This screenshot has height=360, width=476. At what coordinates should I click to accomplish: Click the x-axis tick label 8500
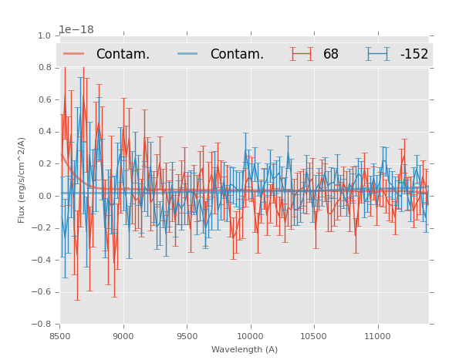click(x=60, y=336)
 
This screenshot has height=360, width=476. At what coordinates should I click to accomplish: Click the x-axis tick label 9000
click(x=123, y=336)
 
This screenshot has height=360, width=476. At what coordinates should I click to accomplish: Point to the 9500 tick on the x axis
click(x=187, y=336)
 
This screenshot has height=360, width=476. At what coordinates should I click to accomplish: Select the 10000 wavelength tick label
click(x=250, y=336)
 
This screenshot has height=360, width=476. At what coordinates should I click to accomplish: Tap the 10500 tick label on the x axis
click(x=314, y=336)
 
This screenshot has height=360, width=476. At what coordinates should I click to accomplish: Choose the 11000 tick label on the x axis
click(x=377, y=336)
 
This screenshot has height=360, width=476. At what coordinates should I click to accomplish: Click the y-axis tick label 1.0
click(x=45, y=35)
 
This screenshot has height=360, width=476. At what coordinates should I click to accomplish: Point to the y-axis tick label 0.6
click(x=45, y=99)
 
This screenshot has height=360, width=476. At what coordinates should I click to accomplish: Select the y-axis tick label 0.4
click(x=45, y=132)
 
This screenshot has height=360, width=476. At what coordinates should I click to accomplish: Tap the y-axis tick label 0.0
click(x=45, y=196)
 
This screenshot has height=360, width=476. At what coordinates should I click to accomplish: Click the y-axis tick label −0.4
click(x=42, y=261)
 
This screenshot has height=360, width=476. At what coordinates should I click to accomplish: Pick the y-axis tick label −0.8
click(x=42, y=325)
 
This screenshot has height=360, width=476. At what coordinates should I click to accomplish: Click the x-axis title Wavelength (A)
click(x=245, y=349)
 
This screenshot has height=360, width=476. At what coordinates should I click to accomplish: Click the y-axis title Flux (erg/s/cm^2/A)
click(x=22, y=180)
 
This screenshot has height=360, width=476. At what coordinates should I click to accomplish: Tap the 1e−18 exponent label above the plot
click(x=76, y=29)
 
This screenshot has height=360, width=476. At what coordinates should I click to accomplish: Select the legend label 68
click(x=331, y=54)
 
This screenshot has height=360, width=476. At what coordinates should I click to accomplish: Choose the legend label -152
click(x=414, y=54)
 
